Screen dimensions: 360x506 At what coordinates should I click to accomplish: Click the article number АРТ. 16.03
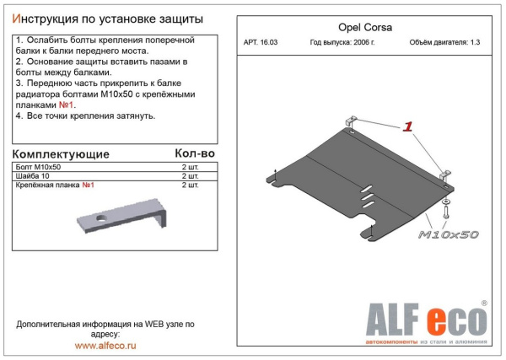click(x=261, y=44)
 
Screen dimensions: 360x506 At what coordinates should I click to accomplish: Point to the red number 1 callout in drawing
click(x=407, y=126)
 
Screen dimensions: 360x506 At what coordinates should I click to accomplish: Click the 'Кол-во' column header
click(x=196, y=153)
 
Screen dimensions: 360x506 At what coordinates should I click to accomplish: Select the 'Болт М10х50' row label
click(x=37, y=168)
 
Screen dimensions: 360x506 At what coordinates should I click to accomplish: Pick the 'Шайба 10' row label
click(x=34, y=176)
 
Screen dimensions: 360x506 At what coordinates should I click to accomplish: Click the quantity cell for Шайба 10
click(x=191, y=176)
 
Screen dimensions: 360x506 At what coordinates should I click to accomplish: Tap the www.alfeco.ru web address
click(x=105, y=345)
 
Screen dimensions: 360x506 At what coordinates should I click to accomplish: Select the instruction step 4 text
click(x=85, y=116)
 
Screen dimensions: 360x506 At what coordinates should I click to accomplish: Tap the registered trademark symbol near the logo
click(x=483, y=303)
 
